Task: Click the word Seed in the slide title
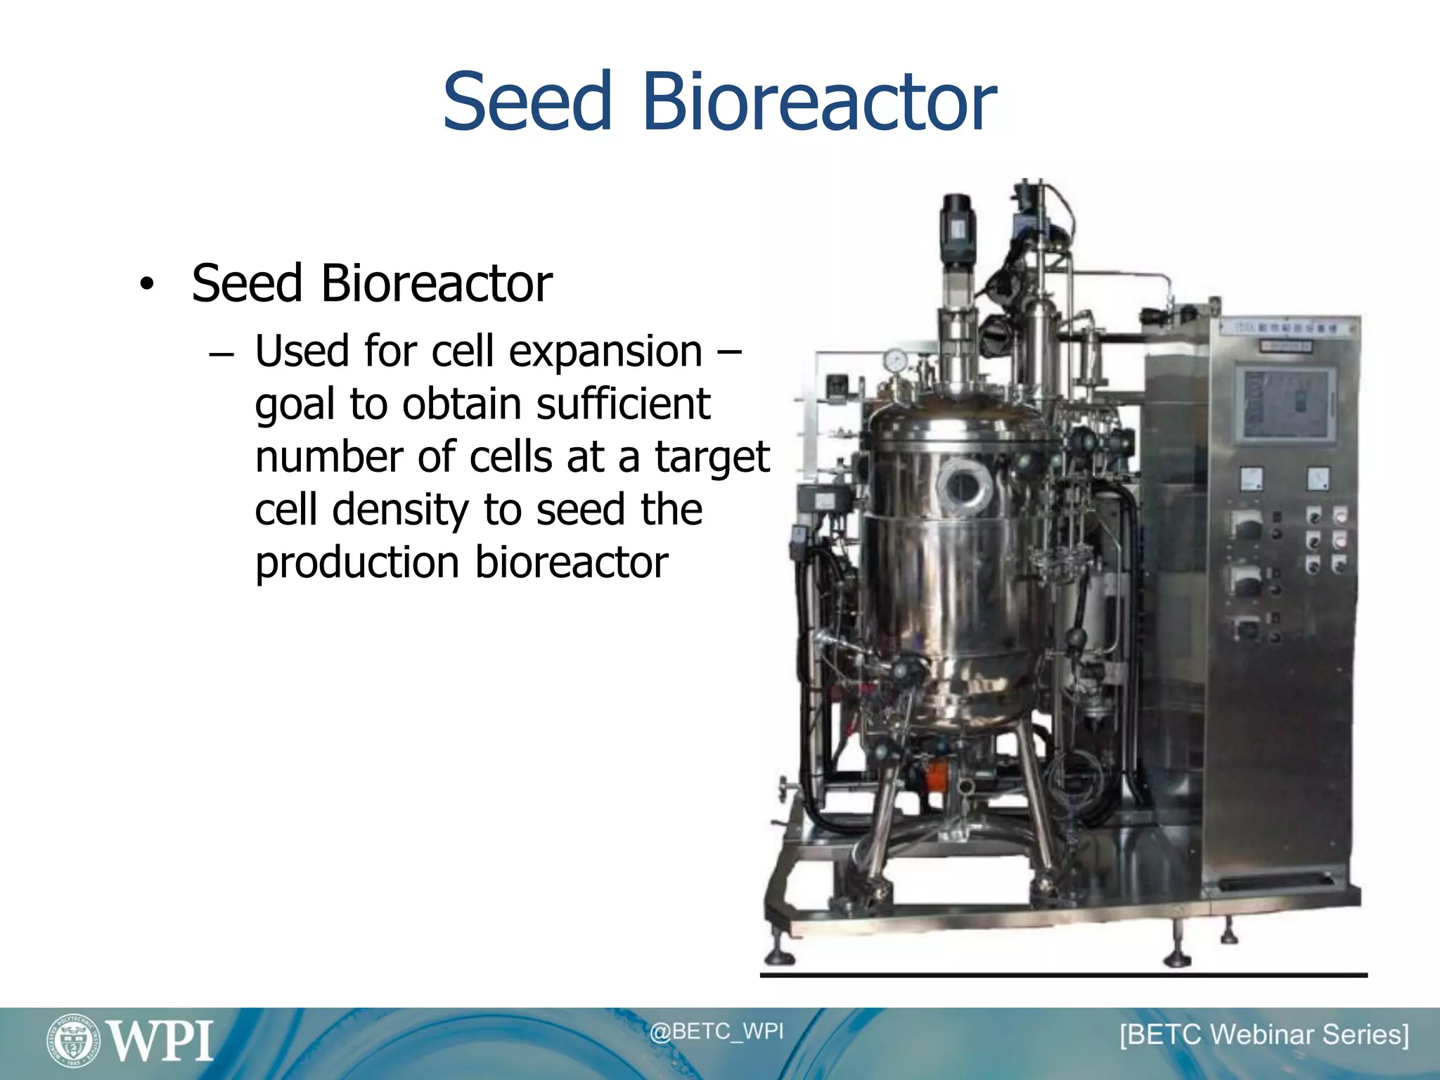click(527, 102)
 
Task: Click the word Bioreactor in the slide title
click(818, 102)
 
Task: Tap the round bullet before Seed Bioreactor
click(146, 285)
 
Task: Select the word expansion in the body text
click(605, 352)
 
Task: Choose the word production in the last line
click(357, 562)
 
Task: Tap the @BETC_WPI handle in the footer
click(716, 1031)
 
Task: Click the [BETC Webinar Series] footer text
click(1264, 1034)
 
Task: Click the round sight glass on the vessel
click(964, 485)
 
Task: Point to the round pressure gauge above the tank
click(896, 361)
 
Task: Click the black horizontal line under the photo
click(1063, 975)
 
